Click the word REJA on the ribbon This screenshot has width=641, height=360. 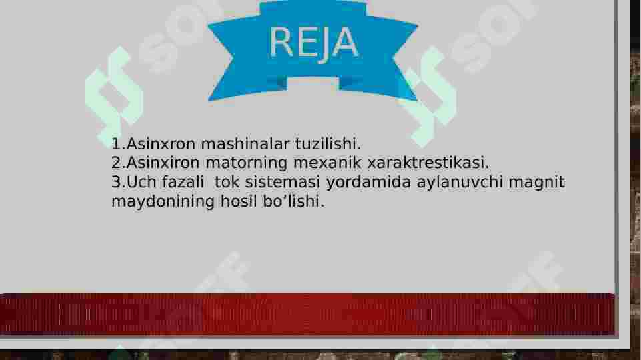point(313,43)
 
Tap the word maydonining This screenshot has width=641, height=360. point(163,201)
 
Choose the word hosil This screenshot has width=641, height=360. point(235,201)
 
